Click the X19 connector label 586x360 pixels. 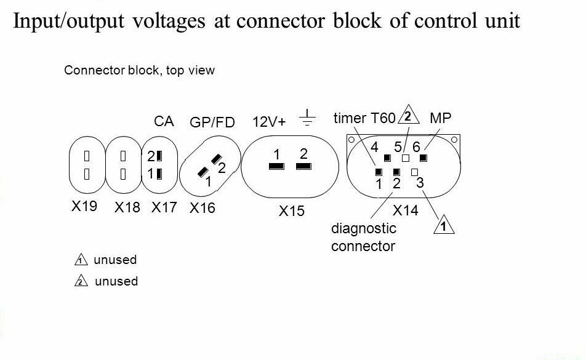[x=84, y=206]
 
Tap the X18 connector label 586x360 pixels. [x=127, y=207]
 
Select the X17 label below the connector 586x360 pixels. [x=164, y=207]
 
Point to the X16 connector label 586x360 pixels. [x=203, y=208]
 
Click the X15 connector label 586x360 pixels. [x=291, y=211]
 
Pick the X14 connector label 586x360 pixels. [x=405, y=210]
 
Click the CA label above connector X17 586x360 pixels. [x=164, y=121]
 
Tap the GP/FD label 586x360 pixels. [x=212, y=122]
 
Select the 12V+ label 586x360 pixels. [x=270, y=121]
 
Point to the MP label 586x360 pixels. [x=441, y=118]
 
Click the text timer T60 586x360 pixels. [x=364, y=118]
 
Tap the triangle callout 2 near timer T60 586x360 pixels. [x=407, y=116]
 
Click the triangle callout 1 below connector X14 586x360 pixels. [x=443, y=227]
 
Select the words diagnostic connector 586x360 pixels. [x=363, y=238]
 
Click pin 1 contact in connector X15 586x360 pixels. [x=276, y=166]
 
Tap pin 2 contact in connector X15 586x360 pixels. [x=302, y=166]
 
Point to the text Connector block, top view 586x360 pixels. [x=140, y=70]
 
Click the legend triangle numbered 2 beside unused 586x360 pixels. [x=81, y=282]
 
